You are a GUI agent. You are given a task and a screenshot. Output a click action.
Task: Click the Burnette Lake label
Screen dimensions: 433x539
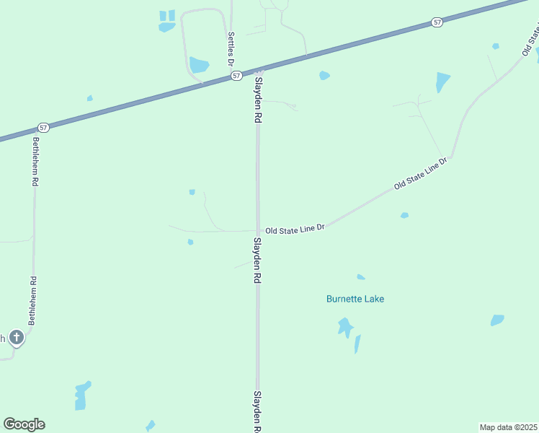[355, 299]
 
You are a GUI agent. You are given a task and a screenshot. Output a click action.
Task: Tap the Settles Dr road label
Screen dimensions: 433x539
[231, 48]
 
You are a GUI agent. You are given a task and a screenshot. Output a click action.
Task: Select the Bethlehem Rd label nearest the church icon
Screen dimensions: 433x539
[32, 301]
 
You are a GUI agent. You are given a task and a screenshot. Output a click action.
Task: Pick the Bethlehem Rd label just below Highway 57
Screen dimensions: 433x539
[34, 161]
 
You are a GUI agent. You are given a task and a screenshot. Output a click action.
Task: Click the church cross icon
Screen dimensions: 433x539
[17, 336]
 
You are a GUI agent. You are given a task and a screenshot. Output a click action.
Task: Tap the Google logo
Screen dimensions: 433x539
[24, 424]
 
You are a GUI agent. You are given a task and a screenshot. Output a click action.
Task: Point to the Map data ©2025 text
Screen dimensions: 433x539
[508, 427]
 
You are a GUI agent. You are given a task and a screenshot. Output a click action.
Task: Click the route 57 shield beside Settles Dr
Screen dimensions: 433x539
[236, 75]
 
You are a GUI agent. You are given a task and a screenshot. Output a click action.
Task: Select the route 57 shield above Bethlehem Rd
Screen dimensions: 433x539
[44, 128]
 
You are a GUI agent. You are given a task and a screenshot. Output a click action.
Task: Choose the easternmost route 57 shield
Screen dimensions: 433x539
[437, 22]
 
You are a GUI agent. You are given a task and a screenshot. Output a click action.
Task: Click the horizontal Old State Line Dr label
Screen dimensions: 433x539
[295, 229]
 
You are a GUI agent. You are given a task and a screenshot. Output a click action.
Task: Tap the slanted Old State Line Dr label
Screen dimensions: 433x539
[421, 174]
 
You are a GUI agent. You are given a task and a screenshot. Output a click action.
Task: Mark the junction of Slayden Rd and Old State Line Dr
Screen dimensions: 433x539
[257, 231]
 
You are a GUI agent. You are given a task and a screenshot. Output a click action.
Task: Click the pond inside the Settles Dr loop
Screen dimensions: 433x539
[199, 65]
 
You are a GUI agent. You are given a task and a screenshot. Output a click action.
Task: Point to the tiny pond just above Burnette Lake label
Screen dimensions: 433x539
[360, 277]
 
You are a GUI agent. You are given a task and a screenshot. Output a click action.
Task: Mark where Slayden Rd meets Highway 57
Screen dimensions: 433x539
[257, 71]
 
